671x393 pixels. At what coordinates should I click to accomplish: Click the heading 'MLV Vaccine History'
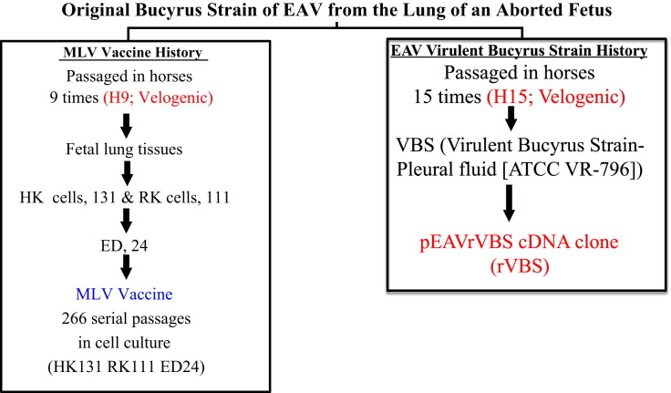tap(133, 52)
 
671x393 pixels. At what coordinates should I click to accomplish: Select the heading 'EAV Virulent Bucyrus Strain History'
tap(519, 50)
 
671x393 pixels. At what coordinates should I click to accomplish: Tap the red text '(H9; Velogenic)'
tap(158, 98)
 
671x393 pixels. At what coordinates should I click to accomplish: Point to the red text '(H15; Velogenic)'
tap(555, 97)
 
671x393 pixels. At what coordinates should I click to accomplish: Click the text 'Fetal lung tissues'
tap(124, 149)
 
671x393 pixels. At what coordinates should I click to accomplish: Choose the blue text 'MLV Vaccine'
tap(124, 295)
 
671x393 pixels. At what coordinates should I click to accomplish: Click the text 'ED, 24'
tap(124, 245)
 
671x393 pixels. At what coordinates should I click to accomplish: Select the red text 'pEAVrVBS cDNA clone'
tap(519, 243)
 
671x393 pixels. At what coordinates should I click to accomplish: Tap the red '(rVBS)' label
tap(520, 266)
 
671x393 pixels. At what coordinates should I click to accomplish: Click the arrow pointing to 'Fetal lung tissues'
tap(126, 126)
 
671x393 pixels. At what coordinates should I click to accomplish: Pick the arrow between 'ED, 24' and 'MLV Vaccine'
tap(126, 266)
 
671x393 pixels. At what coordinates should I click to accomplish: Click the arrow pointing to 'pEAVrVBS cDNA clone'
tap(509, 203)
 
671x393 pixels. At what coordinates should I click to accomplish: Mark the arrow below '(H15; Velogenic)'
tap(511, 118)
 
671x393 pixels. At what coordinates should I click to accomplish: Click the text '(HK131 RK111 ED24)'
tap(126, 367)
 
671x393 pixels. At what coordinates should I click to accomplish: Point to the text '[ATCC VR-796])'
tap(573, 170)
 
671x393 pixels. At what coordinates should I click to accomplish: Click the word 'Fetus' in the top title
tap(588, 10)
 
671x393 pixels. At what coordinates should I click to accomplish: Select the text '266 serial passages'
tap(126, 318)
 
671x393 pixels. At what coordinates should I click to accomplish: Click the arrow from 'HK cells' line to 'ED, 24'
tap(126, 221)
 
